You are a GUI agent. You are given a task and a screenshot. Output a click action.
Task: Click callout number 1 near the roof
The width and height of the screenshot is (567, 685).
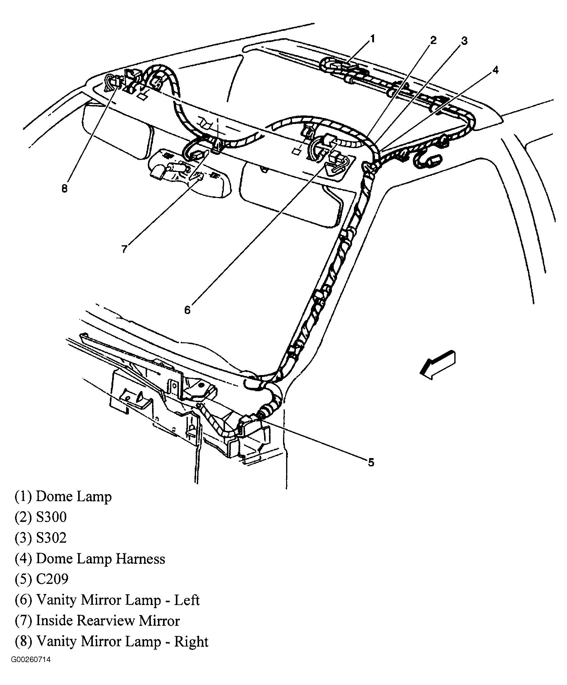click(x=372, y=39)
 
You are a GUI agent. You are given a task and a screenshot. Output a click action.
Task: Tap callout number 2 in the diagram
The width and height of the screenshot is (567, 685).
click(x=433, y=40)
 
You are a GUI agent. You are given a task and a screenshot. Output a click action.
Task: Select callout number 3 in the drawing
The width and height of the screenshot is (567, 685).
click(x=464, y=41)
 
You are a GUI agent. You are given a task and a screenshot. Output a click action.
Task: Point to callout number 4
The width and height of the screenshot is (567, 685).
click(x=495, y=70)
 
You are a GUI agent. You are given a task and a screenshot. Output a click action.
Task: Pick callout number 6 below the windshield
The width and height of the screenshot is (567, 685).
click(x=187, y=310)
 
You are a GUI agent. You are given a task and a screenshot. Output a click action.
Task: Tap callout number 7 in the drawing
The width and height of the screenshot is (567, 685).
click(x=124, y=249)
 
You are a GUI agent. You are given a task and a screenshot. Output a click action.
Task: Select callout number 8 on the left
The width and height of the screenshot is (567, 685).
click(x=64, y=188)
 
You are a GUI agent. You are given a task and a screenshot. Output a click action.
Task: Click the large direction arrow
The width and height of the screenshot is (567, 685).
click(x=438, y=365)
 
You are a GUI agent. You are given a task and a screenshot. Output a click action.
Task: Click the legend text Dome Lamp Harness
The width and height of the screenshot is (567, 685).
click(x=100, y=559)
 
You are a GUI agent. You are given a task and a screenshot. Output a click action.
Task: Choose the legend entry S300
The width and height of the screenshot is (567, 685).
click(x=51, y=517)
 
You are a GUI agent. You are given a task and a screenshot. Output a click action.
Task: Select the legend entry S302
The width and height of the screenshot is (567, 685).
click(x=51, y=538)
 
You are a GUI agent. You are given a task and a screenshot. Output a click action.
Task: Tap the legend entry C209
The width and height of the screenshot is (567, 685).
click(x=52, y=579)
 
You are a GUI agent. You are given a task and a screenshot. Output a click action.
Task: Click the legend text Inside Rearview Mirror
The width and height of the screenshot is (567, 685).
click(x=107, y=621)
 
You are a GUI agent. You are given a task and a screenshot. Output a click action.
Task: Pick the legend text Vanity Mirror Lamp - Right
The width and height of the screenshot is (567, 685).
click(x=122, y=641)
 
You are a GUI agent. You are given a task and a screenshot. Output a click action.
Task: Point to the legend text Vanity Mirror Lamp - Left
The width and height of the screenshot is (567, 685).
click(x=117, y=600)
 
